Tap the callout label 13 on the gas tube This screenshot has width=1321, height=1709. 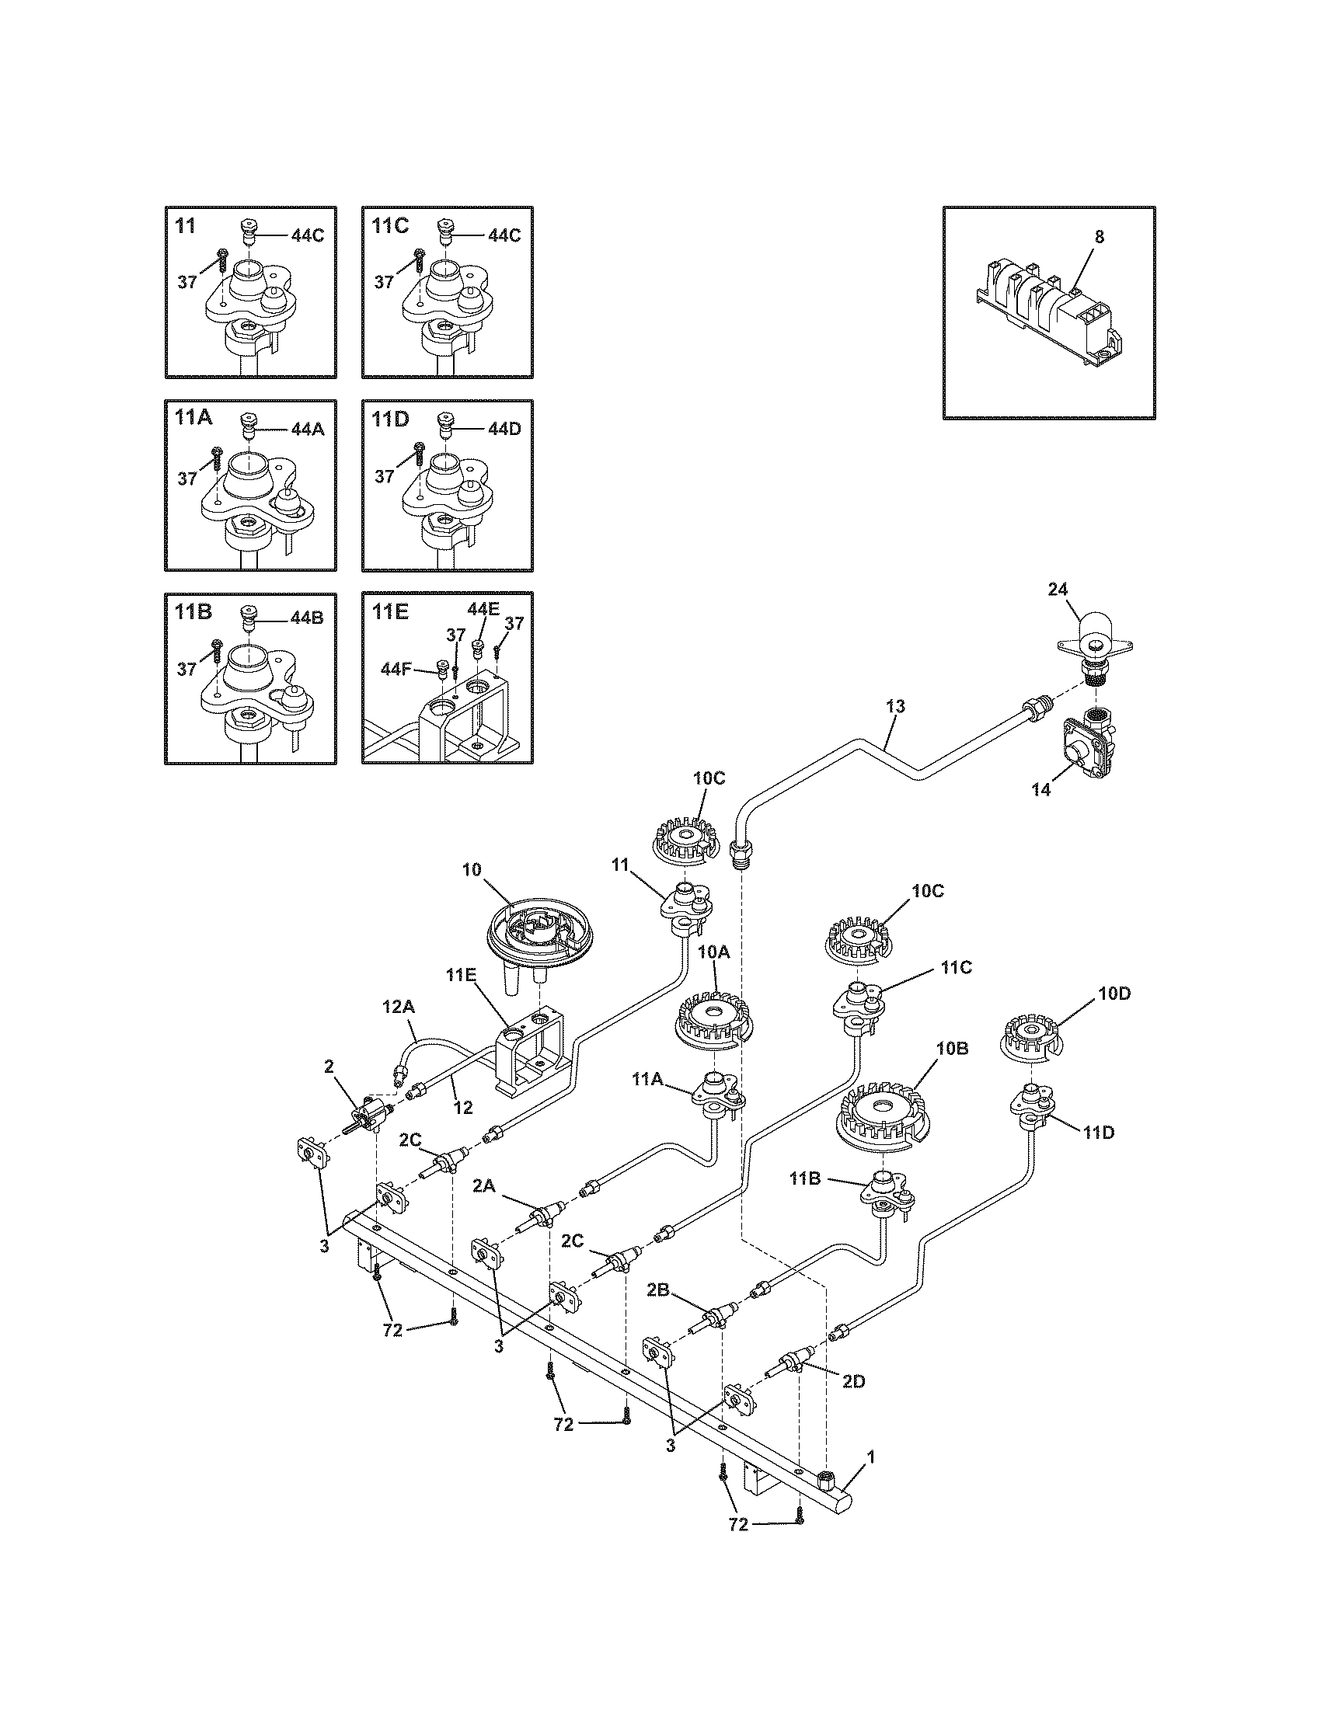(x=895, y=707)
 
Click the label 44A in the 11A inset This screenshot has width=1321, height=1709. (x=308, y=429)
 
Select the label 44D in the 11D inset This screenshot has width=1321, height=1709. (x=504, y=429)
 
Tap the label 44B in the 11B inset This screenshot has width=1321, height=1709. (x=307, y=618)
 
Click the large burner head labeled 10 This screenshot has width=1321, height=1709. (x=534, y=931)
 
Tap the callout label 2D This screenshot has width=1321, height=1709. (x=853, y=1382)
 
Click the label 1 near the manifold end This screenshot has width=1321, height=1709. (x=870, y=1457)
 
